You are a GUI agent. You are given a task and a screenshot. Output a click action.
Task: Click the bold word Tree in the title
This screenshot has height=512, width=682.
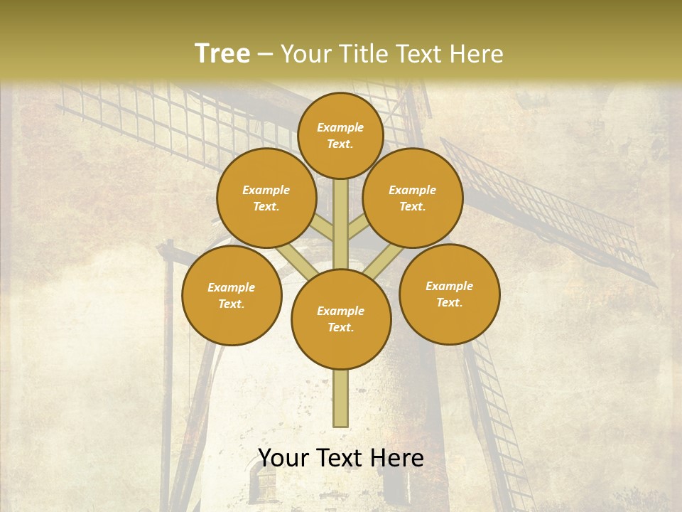pos(222,53)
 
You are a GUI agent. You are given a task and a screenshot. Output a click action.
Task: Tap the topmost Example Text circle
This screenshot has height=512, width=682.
pos(340,135)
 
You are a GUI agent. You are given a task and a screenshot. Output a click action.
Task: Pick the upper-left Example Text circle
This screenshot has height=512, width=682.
pos(266,198)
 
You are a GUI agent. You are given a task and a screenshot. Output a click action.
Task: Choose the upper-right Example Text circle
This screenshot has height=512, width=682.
pos(413,198)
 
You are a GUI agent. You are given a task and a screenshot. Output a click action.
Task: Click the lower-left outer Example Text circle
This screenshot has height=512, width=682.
pos(232,295)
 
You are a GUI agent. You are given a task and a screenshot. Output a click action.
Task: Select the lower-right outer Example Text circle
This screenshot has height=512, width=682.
pos(449,294)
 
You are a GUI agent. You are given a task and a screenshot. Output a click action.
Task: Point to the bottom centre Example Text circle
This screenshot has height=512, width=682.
pos(341,319)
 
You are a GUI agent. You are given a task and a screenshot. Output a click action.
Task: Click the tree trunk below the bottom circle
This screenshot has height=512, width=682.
pos(341,398)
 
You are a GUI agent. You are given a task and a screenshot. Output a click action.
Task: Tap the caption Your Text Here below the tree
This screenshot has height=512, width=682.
pos(341,458)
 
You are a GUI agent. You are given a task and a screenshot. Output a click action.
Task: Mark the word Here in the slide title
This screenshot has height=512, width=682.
pos(480,53)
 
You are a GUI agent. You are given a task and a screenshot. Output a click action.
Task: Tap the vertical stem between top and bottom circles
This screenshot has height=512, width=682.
pos(341,224)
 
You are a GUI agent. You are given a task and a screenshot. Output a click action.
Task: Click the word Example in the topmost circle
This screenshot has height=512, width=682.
pos(340,127)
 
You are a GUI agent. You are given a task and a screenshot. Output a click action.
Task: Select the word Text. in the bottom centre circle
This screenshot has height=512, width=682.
pos(340,328)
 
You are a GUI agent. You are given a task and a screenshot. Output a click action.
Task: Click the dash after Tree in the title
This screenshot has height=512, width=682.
pos(265,53)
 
